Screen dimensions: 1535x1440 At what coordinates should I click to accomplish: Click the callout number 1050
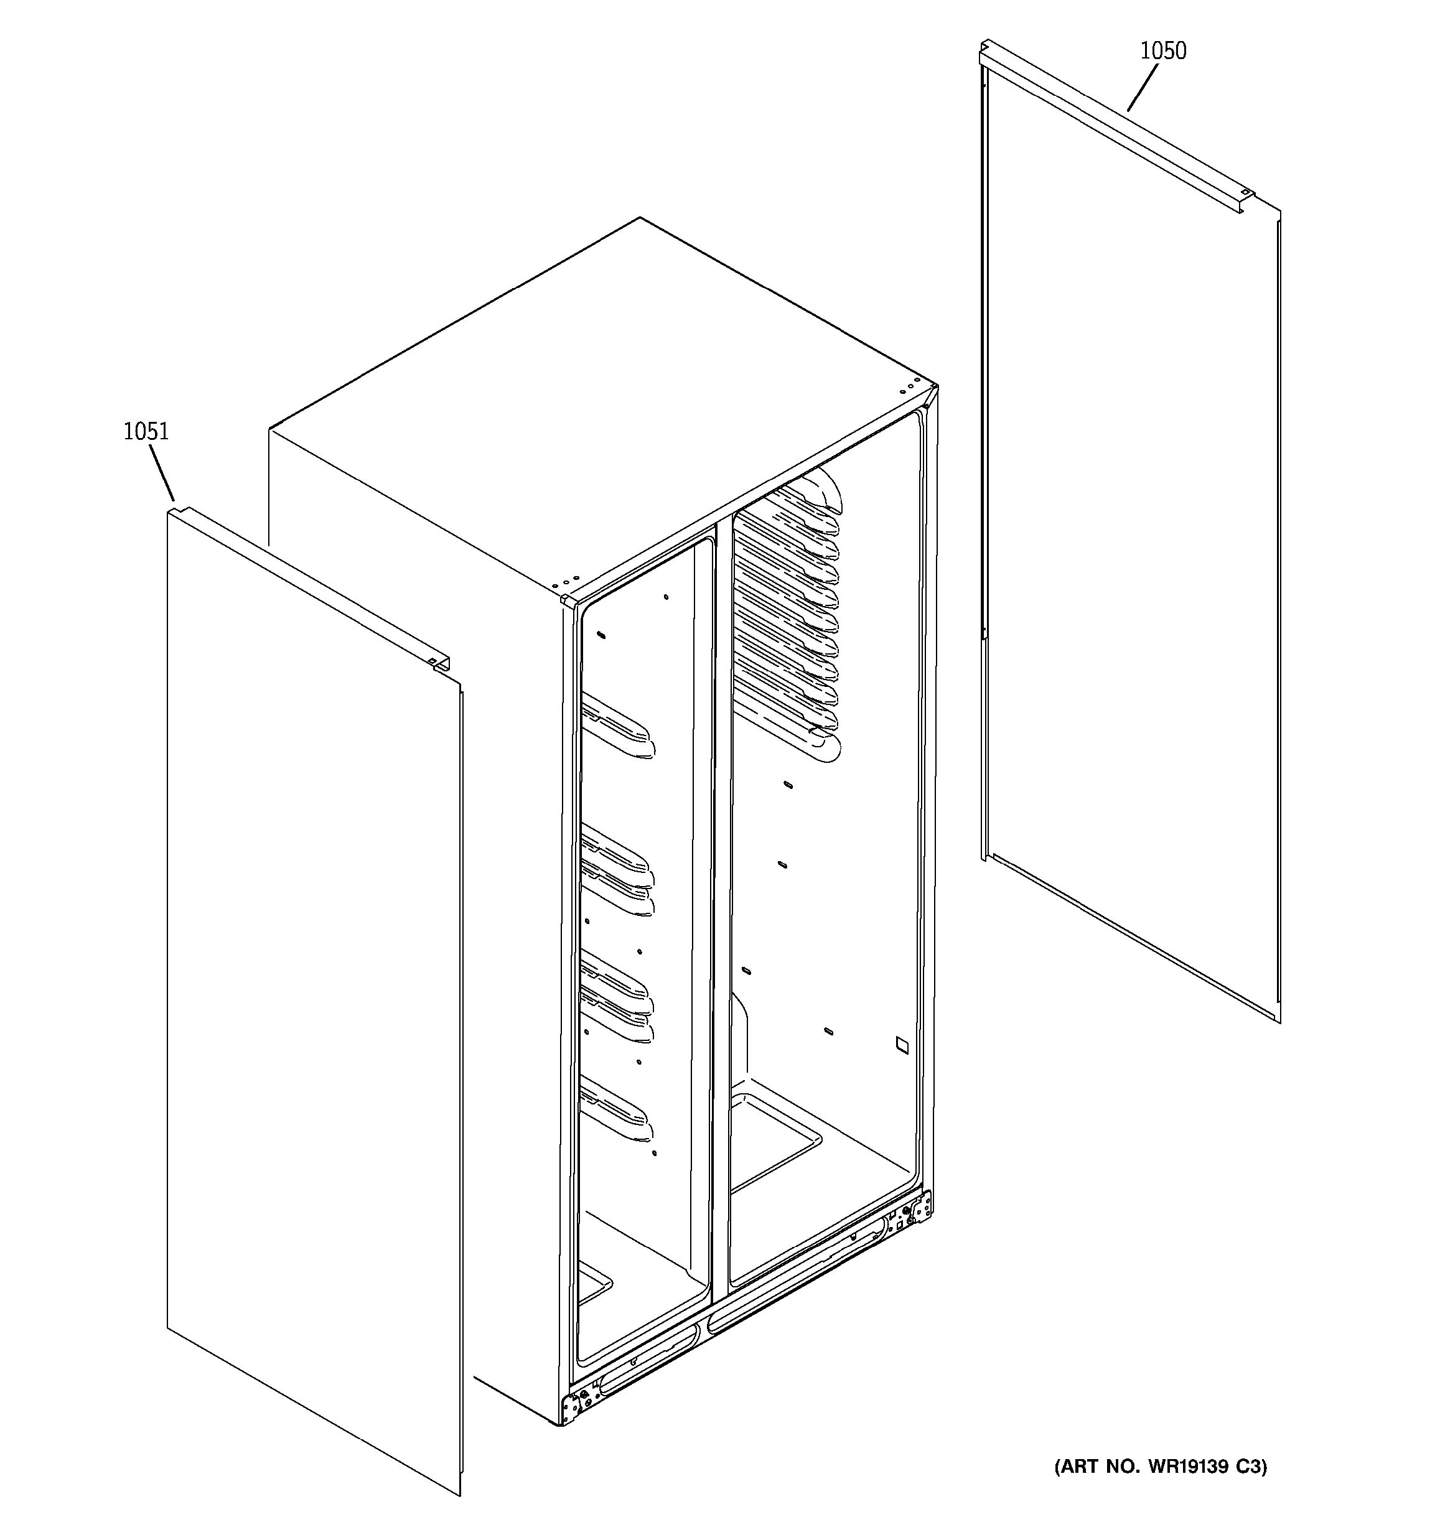point(1163,51)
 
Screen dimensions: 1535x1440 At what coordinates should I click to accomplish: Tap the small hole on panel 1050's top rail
point(1245,192)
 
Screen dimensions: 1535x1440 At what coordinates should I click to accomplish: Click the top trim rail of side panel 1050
point(1112,124)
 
